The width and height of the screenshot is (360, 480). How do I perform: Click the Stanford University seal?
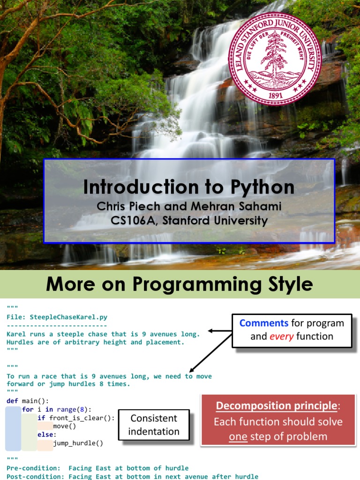point(275,58)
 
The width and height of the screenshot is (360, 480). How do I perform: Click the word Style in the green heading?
point(287,284)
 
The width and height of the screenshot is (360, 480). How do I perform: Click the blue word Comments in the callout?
point(264,323)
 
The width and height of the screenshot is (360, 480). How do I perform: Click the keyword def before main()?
point(12,401)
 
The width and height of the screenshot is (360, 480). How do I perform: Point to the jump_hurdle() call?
point(78,443)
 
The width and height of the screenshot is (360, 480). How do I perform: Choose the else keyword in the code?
point(46,435)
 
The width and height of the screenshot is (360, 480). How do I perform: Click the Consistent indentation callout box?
point(154,425)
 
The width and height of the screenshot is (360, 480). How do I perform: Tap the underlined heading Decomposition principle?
point(277,406)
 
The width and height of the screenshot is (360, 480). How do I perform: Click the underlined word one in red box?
point(238,437)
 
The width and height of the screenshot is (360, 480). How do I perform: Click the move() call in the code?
point(64,426)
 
